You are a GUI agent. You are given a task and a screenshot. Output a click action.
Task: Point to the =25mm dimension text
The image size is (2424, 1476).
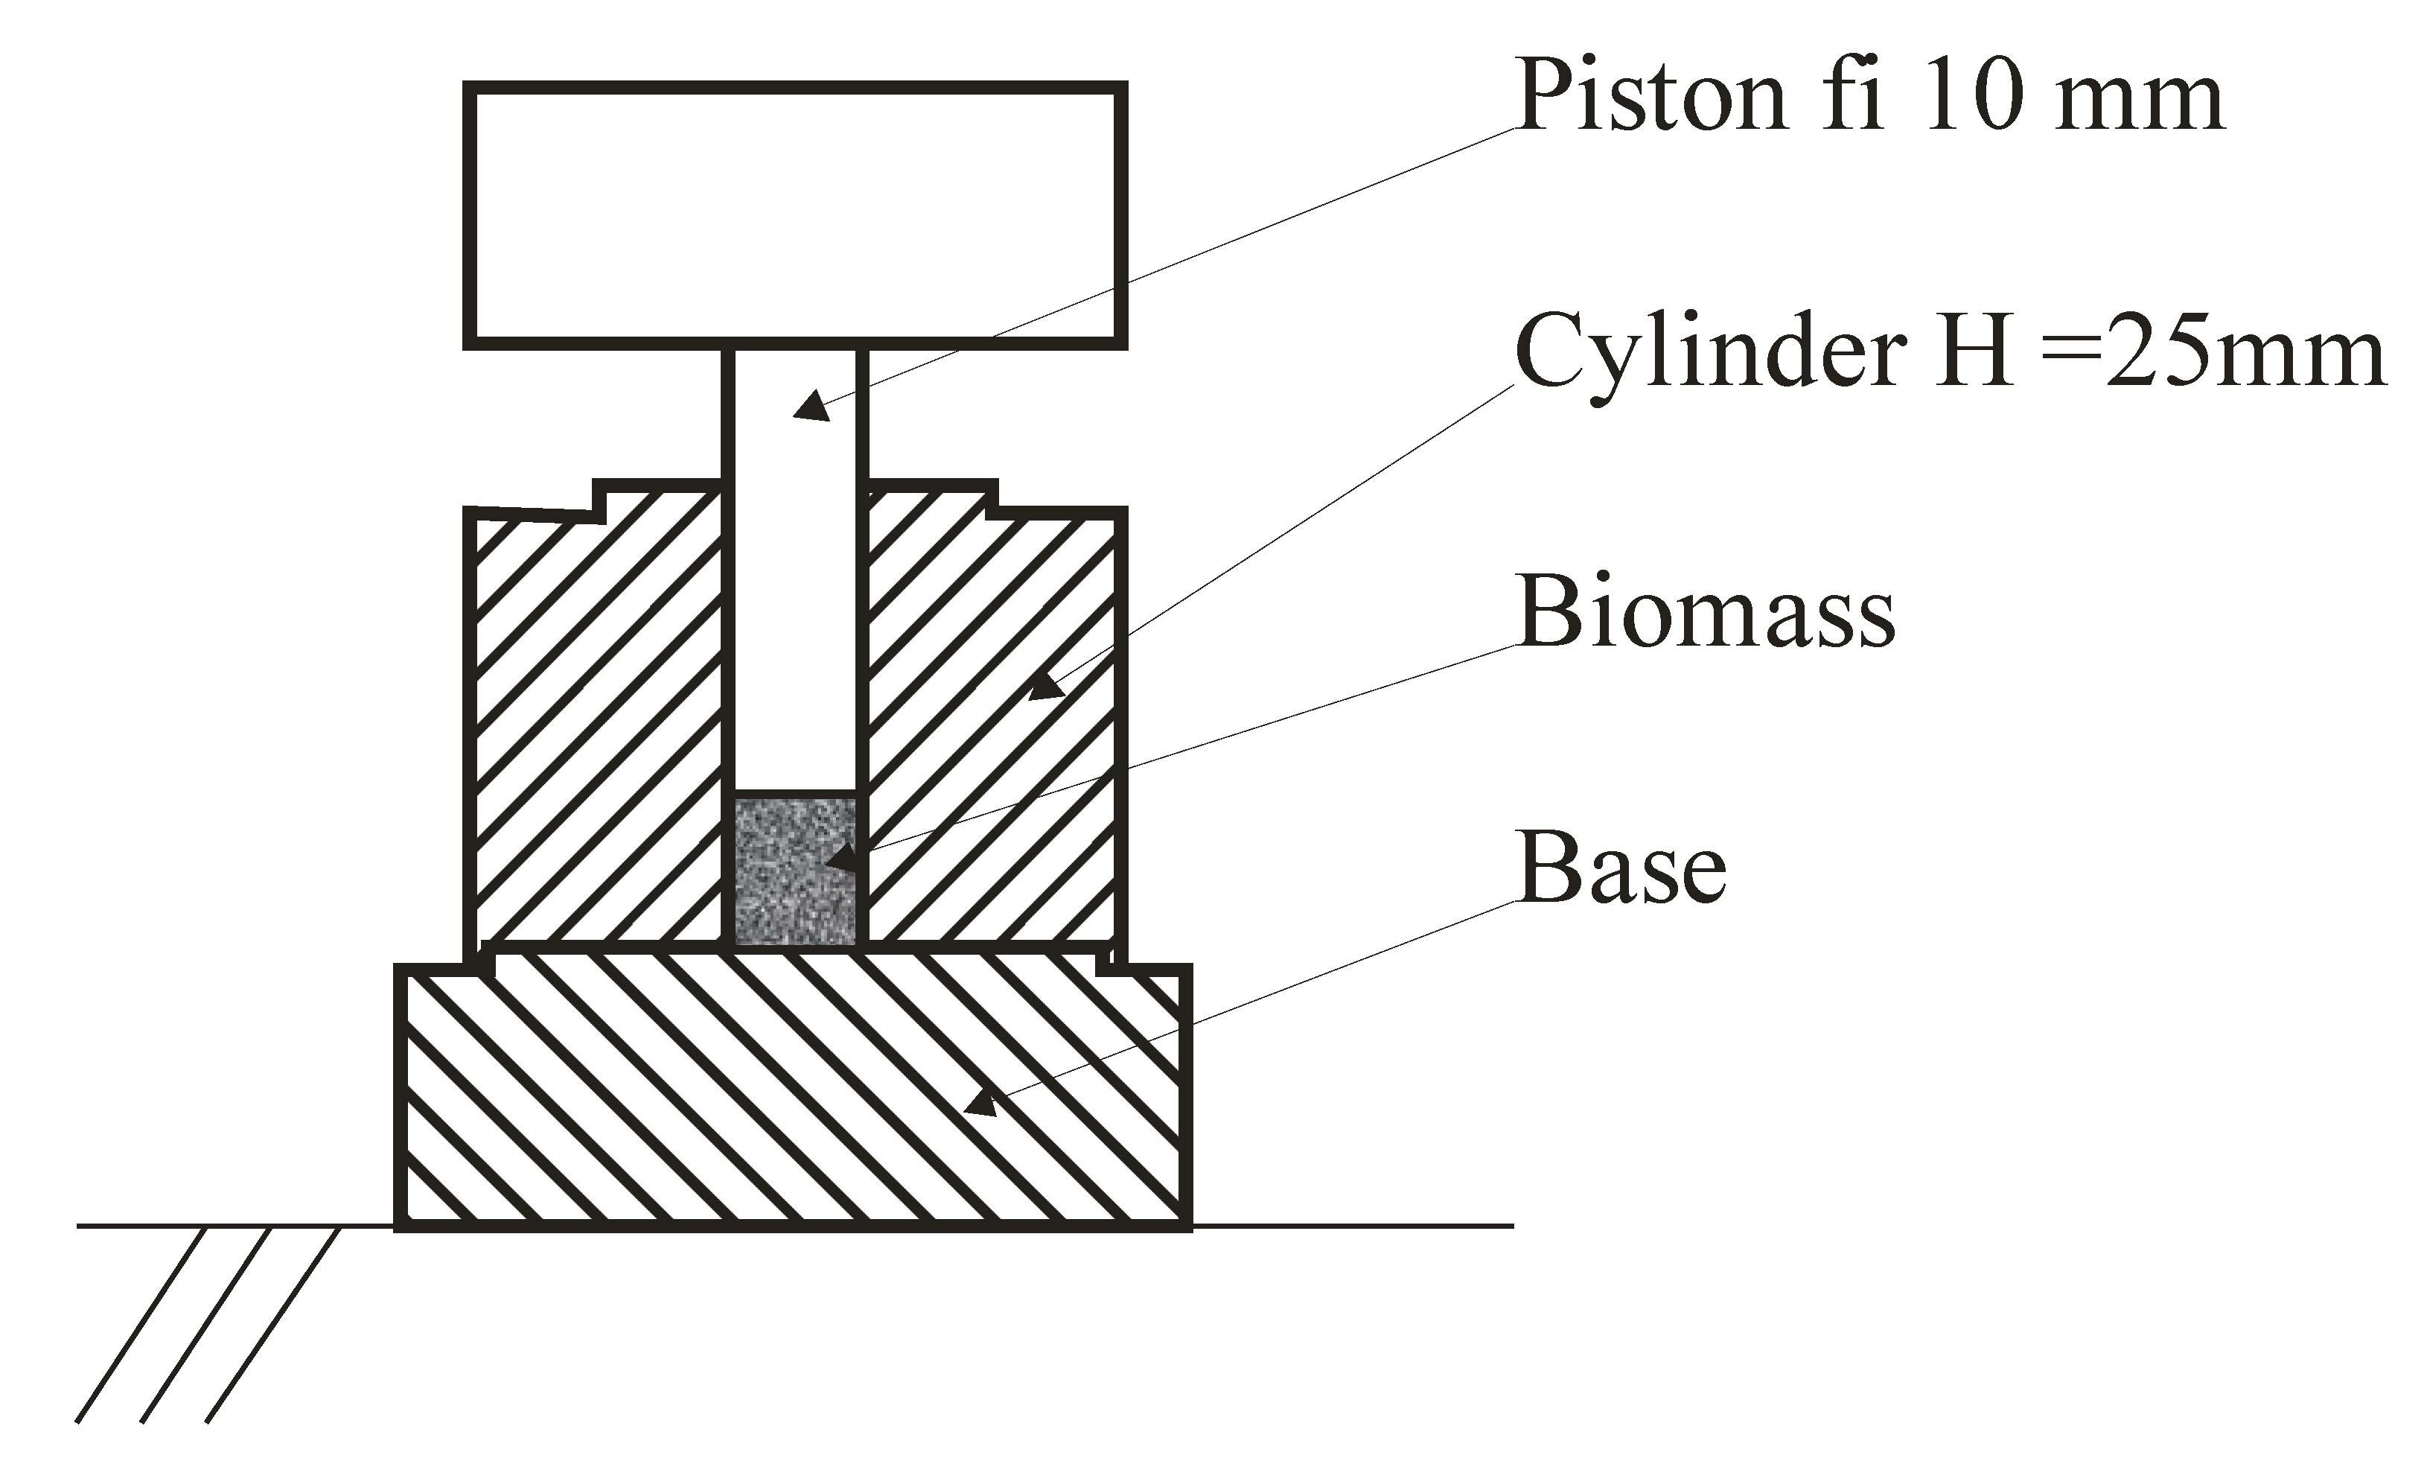(x=2213, y=352)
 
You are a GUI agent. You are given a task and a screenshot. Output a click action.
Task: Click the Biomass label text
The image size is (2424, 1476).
(x=1706, y=612)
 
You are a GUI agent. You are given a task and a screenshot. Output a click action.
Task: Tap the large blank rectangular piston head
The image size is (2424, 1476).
(x=795, y=214)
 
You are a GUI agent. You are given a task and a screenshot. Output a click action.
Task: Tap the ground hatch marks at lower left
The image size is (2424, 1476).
(x=207, y=1323)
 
